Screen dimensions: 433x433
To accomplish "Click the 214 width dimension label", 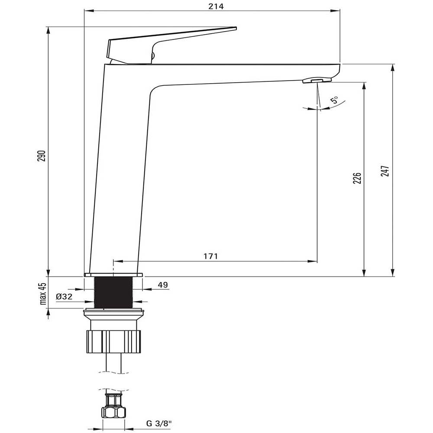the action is [216, 6].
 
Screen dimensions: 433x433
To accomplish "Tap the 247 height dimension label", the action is [385, 171].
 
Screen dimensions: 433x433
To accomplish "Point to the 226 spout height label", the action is [357, 178].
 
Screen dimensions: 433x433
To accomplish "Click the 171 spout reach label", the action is [211, 256].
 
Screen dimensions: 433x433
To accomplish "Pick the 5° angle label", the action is [334, 100].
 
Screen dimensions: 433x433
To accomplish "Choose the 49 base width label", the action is [163, 285].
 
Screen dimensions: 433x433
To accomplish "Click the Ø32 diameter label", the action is [64, 297].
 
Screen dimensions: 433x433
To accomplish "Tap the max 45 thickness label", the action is [43, 294].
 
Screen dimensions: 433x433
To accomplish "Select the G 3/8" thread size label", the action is [159, 423].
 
